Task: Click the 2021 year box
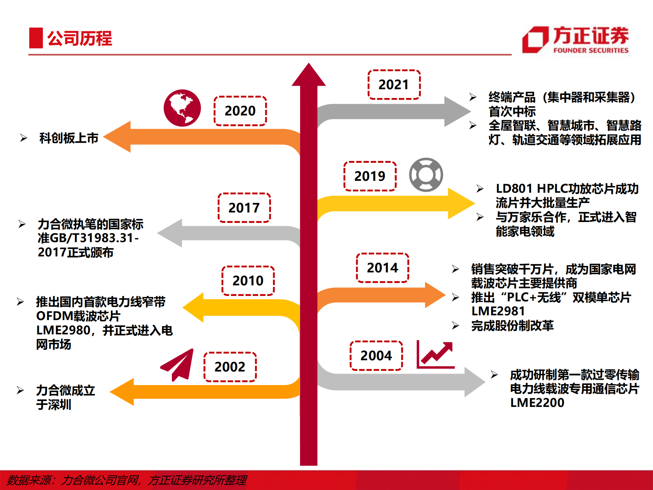pos(394,85)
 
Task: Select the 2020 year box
pos(240,111)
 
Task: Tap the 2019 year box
pos(370,176)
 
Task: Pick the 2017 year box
pos(244,208)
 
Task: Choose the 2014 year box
pos(382,268)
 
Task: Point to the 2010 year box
pos(248,281)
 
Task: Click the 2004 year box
pos(376,355)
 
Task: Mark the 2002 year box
pos(230,367)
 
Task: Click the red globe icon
pos(182,108)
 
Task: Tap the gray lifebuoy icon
pos(426,175)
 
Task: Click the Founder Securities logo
pos(575,40)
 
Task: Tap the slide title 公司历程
pos(79,38)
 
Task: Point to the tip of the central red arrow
pos(309,65)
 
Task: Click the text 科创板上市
pos(69,138)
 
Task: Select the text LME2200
pos(537,403)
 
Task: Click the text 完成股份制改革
pos(512,326)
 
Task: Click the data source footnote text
pos(127,480)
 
